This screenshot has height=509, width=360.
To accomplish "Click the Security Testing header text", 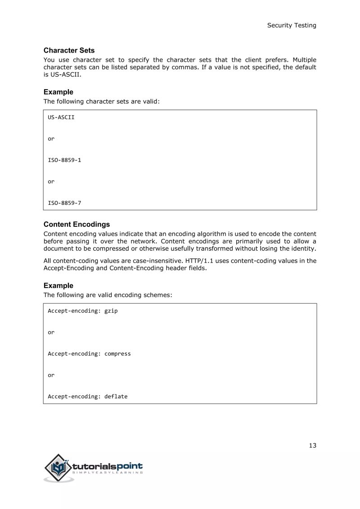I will coord(292,25).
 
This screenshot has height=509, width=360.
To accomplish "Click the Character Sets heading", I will coord(69,50).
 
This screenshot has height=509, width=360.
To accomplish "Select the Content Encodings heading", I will coord(76,224).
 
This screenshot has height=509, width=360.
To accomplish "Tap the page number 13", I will coord(312,446).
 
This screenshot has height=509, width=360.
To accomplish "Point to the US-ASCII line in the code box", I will coord(61,117).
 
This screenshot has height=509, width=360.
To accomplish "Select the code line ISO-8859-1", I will coord(64,160).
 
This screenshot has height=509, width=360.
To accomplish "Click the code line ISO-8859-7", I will coord(64,203).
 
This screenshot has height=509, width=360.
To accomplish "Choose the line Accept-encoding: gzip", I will coord(83,311).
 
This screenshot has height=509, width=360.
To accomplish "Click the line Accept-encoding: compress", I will coord(89,354).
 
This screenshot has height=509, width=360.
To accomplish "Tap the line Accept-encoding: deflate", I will coord(88,396).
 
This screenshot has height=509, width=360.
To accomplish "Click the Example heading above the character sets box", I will coord(58,92).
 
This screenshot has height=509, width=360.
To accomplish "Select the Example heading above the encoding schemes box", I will coord(58,285).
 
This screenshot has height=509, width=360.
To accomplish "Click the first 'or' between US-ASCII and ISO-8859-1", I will coord(51,139).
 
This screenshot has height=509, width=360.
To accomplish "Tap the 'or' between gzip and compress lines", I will coord(51,332).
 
